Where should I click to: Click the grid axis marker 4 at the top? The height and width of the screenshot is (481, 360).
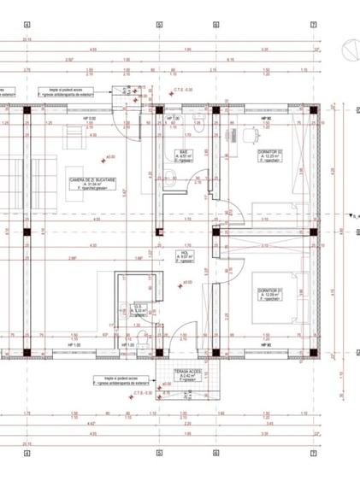coord(27,25)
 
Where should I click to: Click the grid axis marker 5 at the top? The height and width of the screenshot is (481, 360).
coord(159,25)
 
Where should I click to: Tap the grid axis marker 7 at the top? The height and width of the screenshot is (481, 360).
coord(314,25)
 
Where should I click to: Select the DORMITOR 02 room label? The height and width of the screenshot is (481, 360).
coord(269,152)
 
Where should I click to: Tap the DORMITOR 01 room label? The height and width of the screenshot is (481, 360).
coord(270,291)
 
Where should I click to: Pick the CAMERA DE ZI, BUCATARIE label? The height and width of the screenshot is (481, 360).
coord(94,180)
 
